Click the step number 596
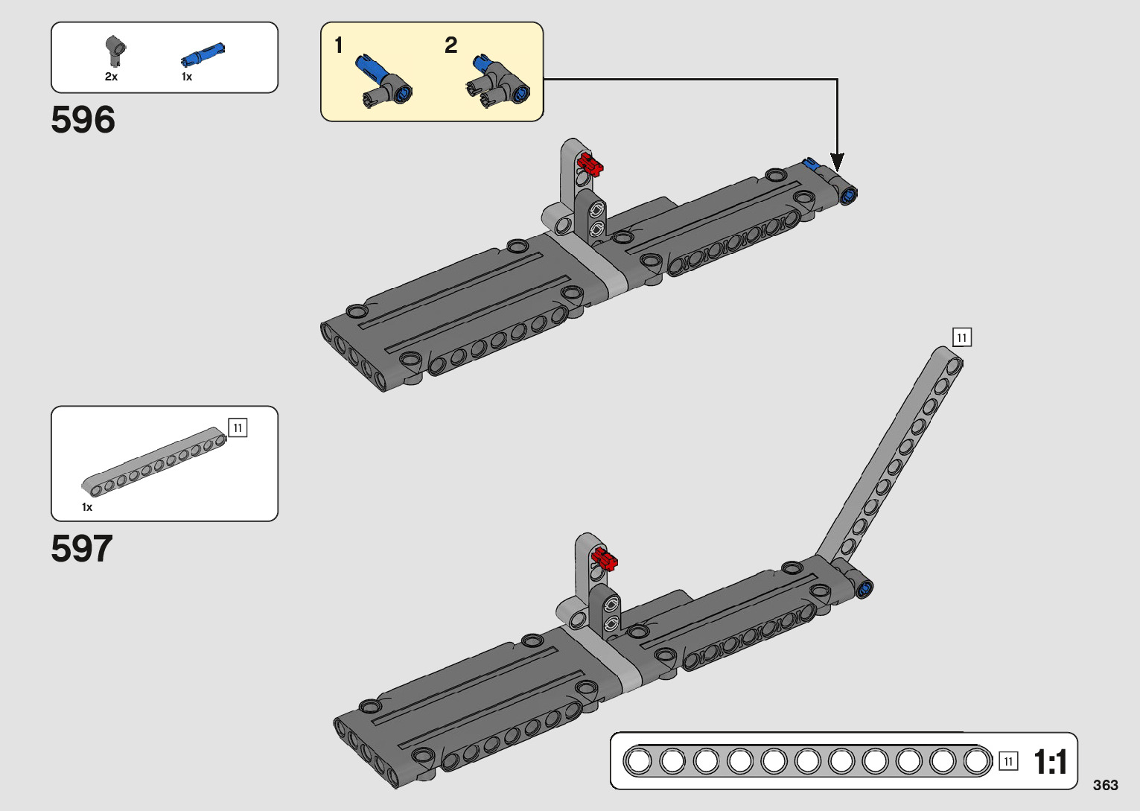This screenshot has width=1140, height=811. [83, 120]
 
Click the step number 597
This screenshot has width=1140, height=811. [82, 549]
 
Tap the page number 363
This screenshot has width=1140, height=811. [1106, 785]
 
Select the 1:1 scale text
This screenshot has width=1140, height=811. [1050, 762]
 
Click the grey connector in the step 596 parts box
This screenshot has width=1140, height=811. [115, 50]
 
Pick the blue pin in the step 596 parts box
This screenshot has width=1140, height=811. [203, 55]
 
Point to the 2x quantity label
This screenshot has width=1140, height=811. [111, 77]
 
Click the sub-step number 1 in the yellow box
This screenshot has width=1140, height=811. [339, 45]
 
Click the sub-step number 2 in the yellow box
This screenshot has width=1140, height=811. [450, 45]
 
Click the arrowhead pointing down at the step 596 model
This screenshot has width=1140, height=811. [837, 162]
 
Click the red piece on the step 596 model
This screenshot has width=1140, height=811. [590, 165]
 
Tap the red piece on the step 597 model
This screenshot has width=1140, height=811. [604, 559]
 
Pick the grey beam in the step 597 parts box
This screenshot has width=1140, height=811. [154, 462]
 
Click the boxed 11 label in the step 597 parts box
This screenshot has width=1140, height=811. [238, 428]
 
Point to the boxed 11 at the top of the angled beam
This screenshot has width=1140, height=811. [961, 337]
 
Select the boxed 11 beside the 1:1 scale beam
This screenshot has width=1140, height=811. [1007, 761]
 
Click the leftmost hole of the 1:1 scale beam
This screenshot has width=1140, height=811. [638, 761]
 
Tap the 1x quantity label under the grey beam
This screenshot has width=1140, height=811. [87, 507]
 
